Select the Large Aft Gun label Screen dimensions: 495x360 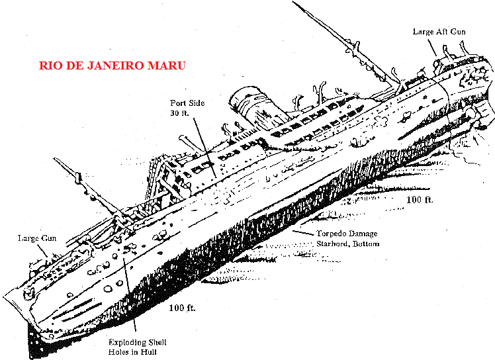439,32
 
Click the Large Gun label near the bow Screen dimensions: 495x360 37,238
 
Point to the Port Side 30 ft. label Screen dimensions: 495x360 187,108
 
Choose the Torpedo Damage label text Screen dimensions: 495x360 347,234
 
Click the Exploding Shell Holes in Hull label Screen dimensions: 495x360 137,347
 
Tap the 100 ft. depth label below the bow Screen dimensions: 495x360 182,308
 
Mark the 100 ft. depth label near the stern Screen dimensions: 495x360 420,200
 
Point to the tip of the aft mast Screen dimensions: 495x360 293,1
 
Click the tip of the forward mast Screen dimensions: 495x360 54,159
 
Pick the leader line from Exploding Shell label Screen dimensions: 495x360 130,294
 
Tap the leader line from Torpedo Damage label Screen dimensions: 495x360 303,233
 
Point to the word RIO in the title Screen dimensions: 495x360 49,66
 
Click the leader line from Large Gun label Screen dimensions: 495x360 42,250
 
